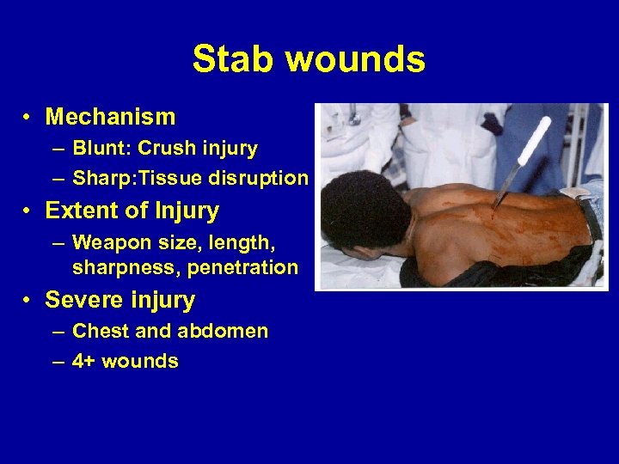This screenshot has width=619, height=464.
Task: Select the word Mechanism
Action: coord(110,116)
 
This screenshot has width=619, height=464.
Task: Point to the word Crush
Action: coord(166,149)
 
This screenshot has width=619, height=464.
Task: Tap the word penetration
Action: coord(247,267)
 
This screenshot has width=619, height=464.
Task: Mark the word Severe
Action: coord(79,300)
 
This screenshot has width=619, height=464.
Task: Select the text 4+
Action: coord(84,361)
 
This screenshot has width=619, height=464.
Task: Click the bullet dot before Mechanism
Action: coord(28,117)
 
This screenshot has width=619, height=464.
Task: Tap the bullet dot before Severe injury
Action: coord(28,301)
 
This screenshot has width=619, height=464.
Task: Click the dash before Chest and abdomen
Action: coord(57,332)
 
